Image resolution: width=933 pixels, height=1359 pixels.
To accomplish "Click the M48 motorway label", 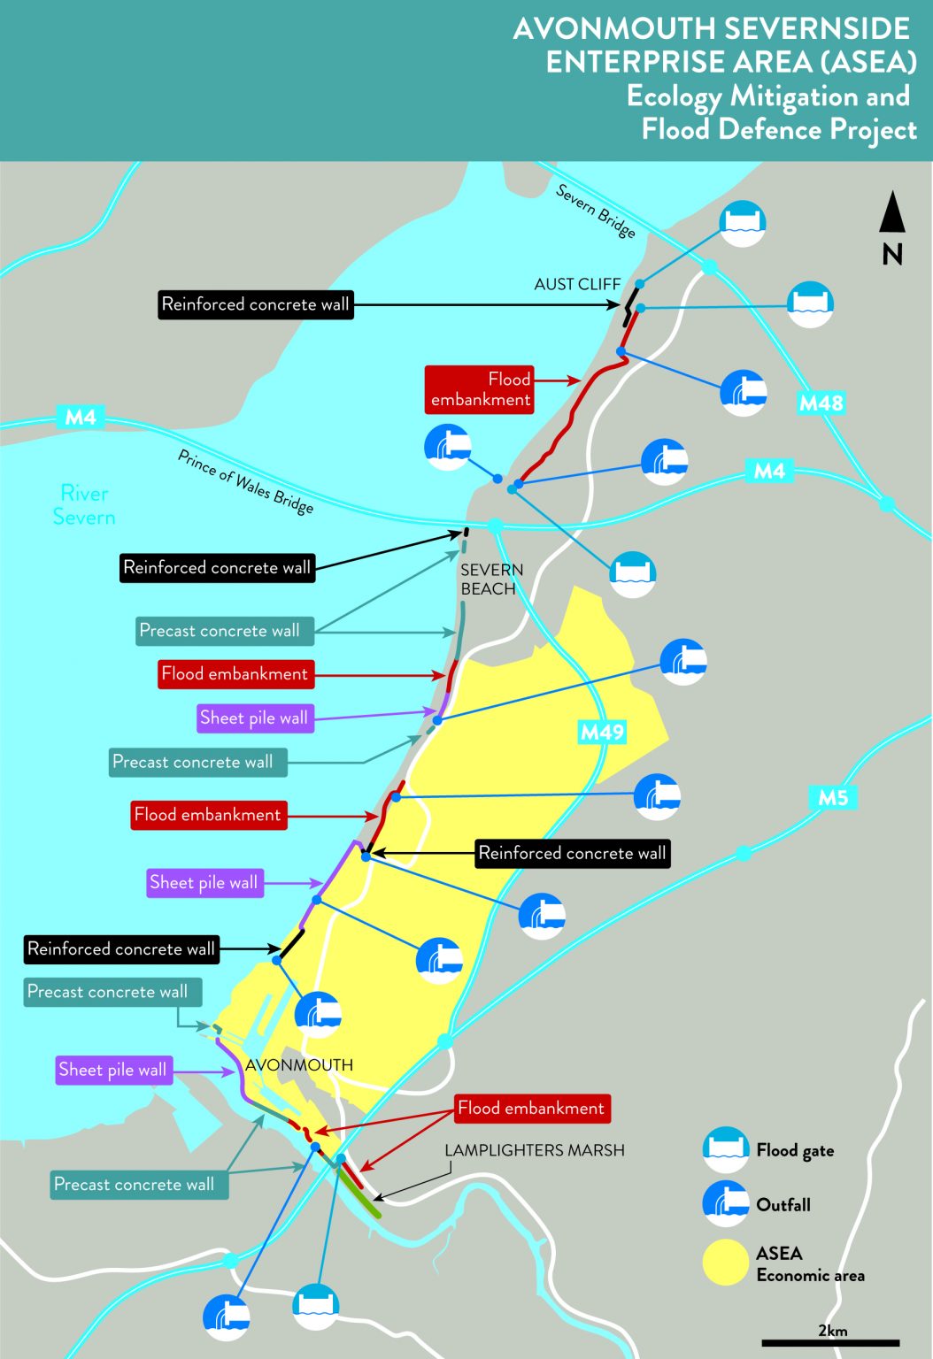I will click(821, 403).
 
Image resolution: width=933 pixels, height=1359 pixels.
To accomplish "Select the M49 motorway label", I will click(602, 732).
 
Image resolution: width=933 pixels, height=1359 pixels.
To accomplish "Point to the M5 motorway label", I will click(832, 797).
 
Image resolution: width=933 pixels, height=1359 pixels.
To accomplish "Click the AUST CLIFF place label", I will click(577, 284).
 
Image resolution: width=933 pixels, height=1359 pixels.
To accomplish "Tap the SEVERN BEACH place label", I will click(491, 580).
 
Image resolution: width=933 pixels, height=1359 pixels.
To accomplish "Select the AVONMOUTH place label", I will click(299, 1065).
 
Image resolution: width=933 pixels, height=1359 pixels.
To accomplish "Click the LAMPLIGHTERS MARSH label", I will click(535, 1150).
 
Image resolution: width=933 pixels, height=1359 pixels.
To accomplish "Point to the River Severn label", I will click(84, 505).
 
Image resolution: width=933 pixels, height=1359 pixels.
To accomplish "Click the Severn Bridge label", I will click(596, 211).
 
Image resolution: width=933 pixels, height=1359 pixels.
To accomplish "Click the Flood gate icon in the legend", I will click(726, 1149).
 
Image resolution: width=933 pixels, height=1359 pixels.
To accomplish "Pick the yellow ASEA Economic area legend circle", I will click(726, 1263).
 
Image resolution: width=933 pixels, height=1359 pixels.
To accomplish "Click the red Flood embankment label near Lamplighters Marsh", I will click(531, 1108).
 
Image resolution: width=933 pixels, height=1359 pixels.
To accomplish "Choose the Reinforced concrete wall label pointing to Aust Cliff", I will click(256, 304).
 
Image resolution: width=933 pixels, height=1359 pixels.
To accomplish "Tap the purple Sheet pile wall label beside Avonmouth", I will click(112, 1070).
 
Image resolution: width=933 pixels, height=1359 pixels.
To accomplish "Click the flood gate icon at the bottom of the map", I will click(315, 1306).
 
